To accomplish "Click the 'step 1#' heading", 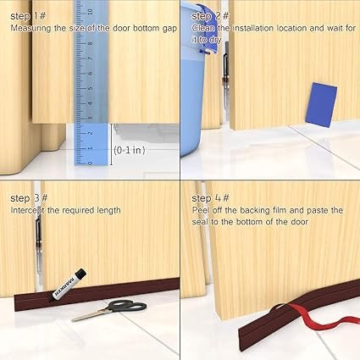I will pyautogui.click(x=26, y=15).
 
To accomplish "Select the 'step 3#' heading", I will pyautogui.click(x=27, y=197).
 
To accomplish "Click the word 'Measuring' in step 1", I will pyautogui.click(x=31, y=28).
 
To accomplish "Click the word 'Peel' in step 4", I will pyautogui.click(x=200, y=210).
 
